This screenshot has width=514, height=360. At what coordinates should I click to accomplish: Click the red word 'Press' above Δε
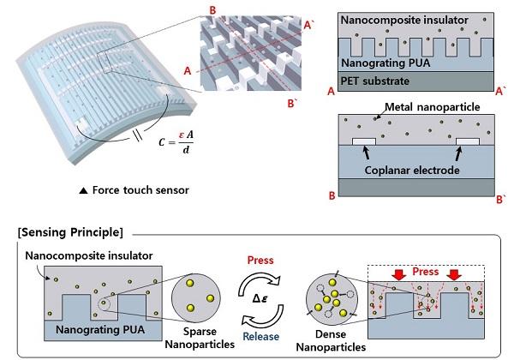(x=257, y=256)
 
